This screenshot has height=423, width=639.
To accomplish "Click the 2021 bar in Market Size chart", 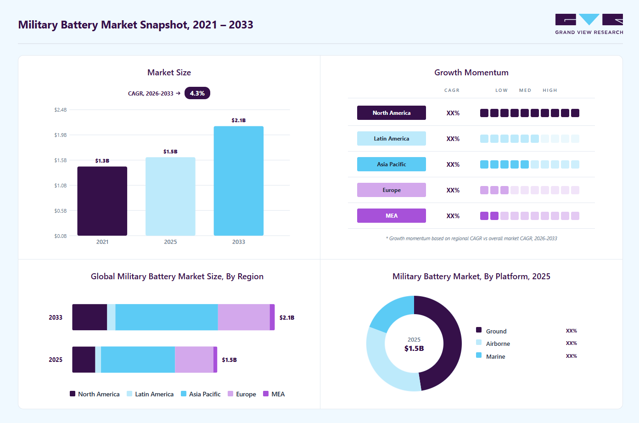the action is click(x=102, y=201).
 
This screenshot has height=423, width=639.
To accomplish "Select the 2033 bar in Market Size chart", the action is click(x=239, y=181).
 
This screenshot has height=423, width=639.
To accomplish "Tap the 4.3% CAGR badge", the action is click(x=197, y=93).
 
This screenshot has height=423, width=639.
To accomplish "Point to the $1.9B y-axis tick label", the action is click(x=61, y=135).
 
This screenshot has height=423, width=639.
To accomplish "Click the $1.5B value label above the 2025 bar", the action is click(x=170, y=152).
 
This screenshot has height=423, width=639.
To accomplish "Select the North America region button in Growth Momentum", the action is click(x=392, y=113).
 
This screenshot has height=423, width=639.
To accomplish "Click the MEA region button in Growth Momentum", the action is click(x=392, y=215).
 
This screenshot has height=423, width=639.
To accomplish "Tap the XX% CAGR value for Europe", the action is click(x=453, y=190).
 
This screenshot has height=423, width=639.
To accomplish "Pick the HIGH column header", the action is click(x=549, y=90).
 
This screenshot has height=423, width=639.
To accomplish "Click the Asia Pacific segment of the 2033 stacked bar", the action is click(x=167, y=317).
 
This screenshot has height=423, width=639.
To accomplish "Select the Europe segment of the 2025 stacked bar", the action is click(x=194, y=359).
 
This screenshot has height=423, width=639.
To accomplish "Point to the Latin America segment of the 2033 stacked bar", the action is click(x=111, y=317).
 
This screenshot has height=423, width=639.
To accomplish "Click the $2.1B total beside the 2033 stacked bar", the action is click(x=287, y=317).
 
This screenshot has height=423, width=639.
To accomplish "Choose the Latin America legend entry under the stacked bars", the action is click(x=150, y=394).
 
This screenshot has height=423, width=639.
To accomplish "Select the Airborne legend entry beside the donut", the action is click(x=493, y=344).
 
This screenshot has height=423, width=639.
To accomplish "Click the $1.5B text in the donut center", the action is click(x=414, y=348).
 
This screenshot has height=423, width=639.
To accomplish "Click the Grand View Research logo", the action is click(x=589, y=24).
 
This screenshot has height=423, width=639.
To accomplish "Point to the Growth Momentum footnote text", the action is click(x=471, y=238).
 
